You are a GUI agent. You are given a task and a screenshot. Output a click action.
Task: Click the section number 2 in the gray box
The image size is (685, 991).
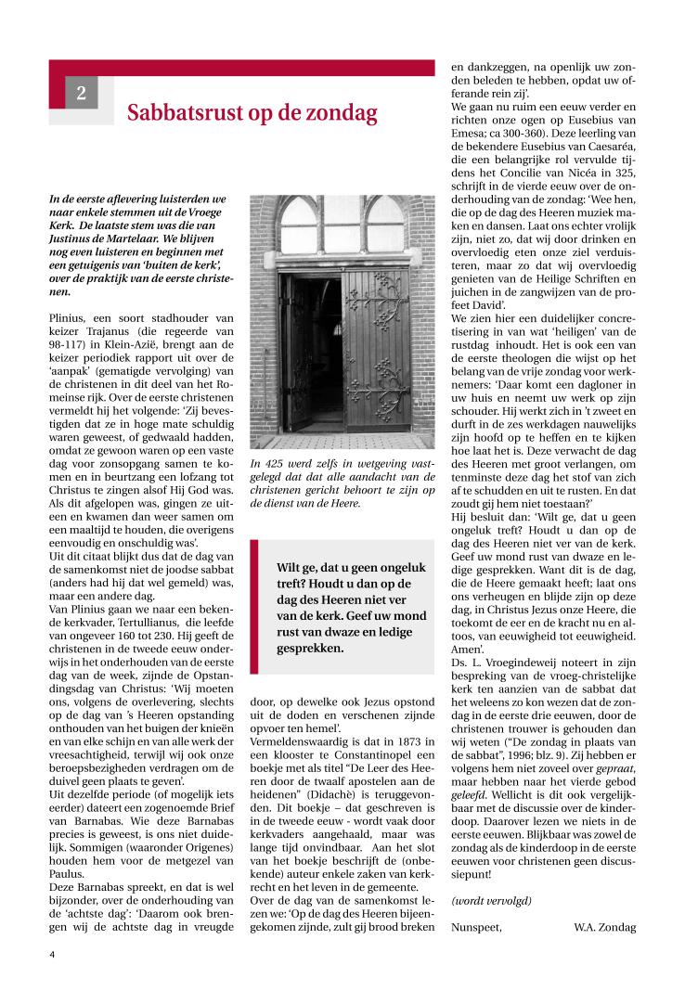pos(82,93)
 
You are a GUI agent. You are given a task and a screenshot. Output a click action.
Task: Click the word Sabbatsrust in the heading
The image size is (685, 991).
pos(182,114)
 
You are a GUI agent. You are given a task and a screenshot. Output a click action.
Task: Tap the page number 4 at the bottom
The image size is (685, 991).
pos(53,953)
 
